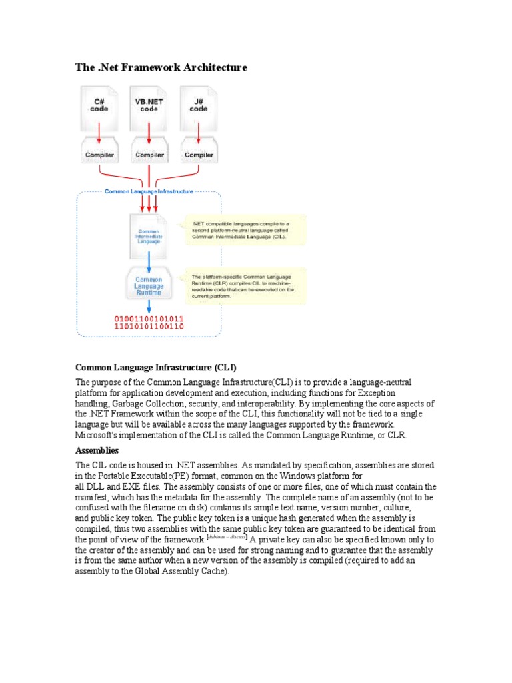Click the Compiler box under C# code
pyautogui.click(x=99, y=154)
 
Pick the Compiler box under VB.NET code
pyautogui.click(x=149, y=154)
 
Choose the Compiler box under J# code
pyautogui.click(x=199, y=154)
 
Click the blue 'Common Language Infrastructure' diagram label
pyautogui.click(x=149, y=191)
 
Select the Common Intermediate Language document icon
pyautogui.click(x=149, y=235)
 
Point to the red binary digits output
pyautogui.click(x=149, y=323)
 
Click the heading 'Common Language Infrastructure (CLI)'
pyautogui.click(x=156, y=367)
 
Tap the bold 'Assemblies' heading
pyautogui.click(x=97, y=450)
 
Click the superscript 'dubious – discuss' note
pyautogui.click(x=227, y=536)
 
